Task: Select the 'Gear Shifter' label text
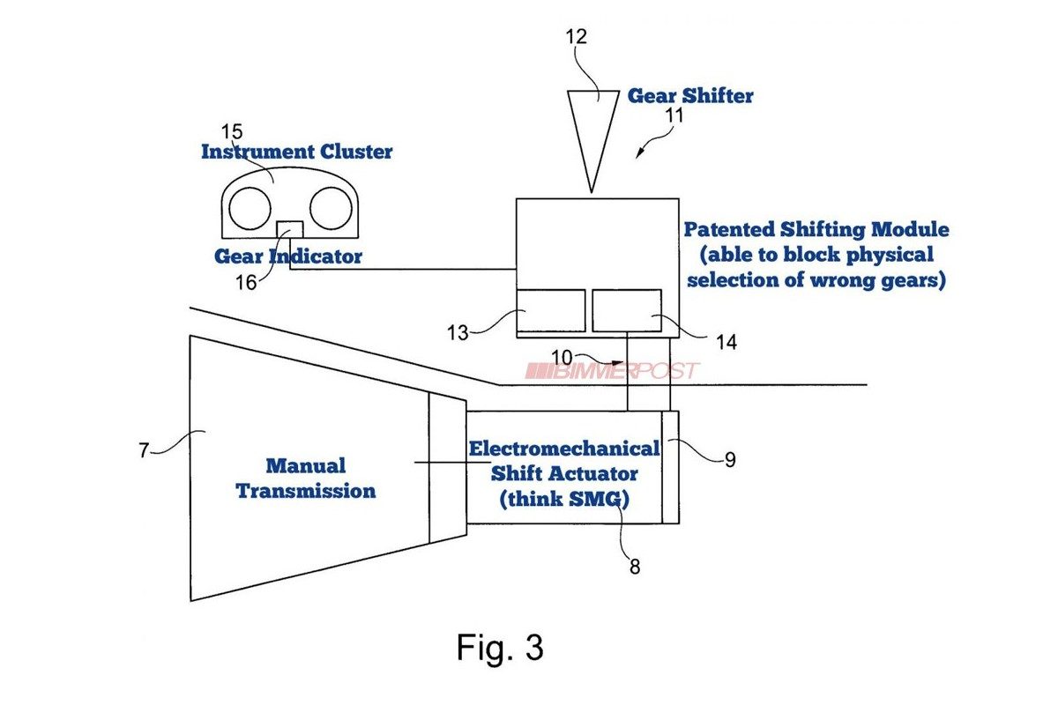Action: point(690,95)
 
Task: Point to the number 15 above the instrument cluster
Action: point(232,131)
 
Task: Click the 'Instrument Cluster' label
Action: point(296,152)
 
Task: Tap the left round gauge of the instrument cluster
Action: point(250,208)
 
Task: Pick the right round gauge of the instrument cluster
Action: point(331,208)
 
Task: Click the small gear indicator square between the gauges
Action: point(290,228)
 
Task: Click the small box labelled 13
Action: point(551,310)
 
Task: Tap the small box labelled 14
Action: point(627,310)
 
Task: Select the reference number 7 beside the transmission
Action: point(144,450)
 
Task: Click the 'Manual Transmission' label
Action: point(305,478)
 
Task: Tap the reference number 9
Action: point(728,459)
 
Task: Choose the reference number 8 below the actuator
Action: point(635,567)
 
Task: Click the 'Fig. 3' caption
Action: point(500,648)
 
